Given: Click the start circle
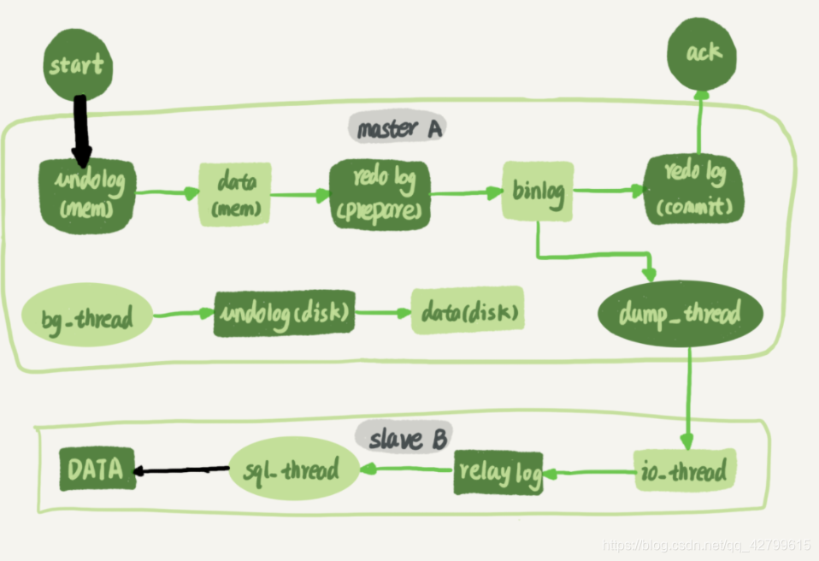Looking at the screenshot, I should tap(78, 64).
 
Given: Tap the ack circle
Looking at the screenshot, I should tap(703, 54).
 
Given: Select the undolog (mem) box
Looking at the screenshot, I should tap(87, 195).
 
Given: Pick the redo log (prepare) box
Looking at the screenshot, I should tap(379, 194).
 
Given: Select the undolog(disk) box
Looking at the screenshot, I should tap(285, 313).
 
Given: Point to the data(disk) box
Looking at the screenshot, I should tap(467, 311).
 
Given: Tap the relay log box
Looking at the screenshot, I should tap(498, 471).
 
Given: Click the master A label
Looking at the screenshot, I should tap(399, 129).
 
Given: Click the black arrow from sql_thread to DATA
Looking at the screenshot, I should tap(182, 469).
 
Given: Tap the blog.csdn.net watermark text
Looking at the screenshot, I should tap(706, 545).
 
